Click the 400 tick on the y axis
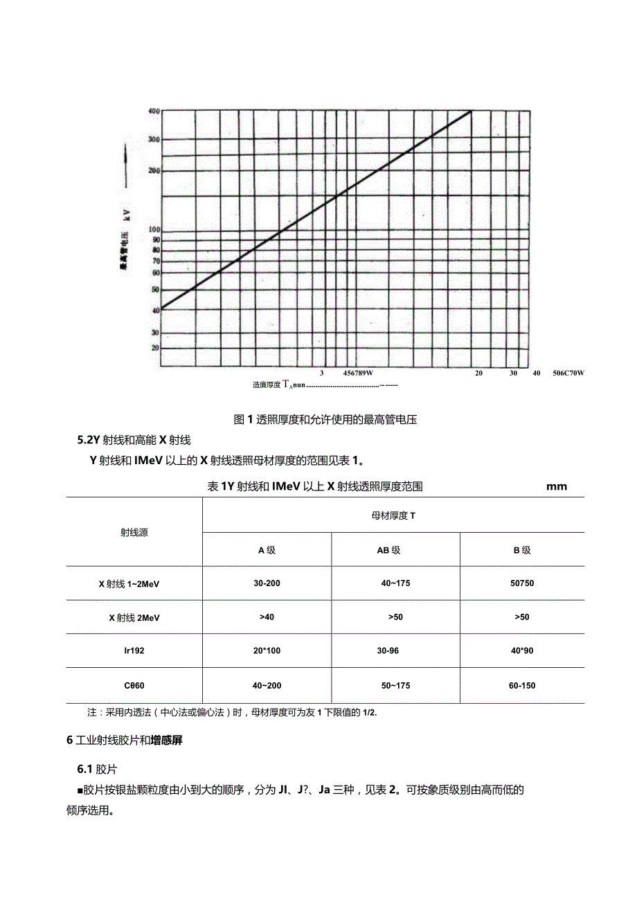153,111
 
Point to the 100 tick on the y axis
153,229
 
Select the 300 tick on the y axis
153,139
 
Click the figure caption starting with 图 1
325,419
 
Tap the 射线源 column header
134,533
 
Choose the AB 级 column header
388,550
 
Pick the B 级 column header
521,550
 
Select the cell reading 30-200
267,583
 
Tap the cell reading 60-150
521,686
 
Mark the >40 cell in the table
267,617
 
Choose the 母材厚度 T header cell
393,515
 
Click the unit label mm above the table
556,486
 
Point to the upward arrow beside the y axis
126,166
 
